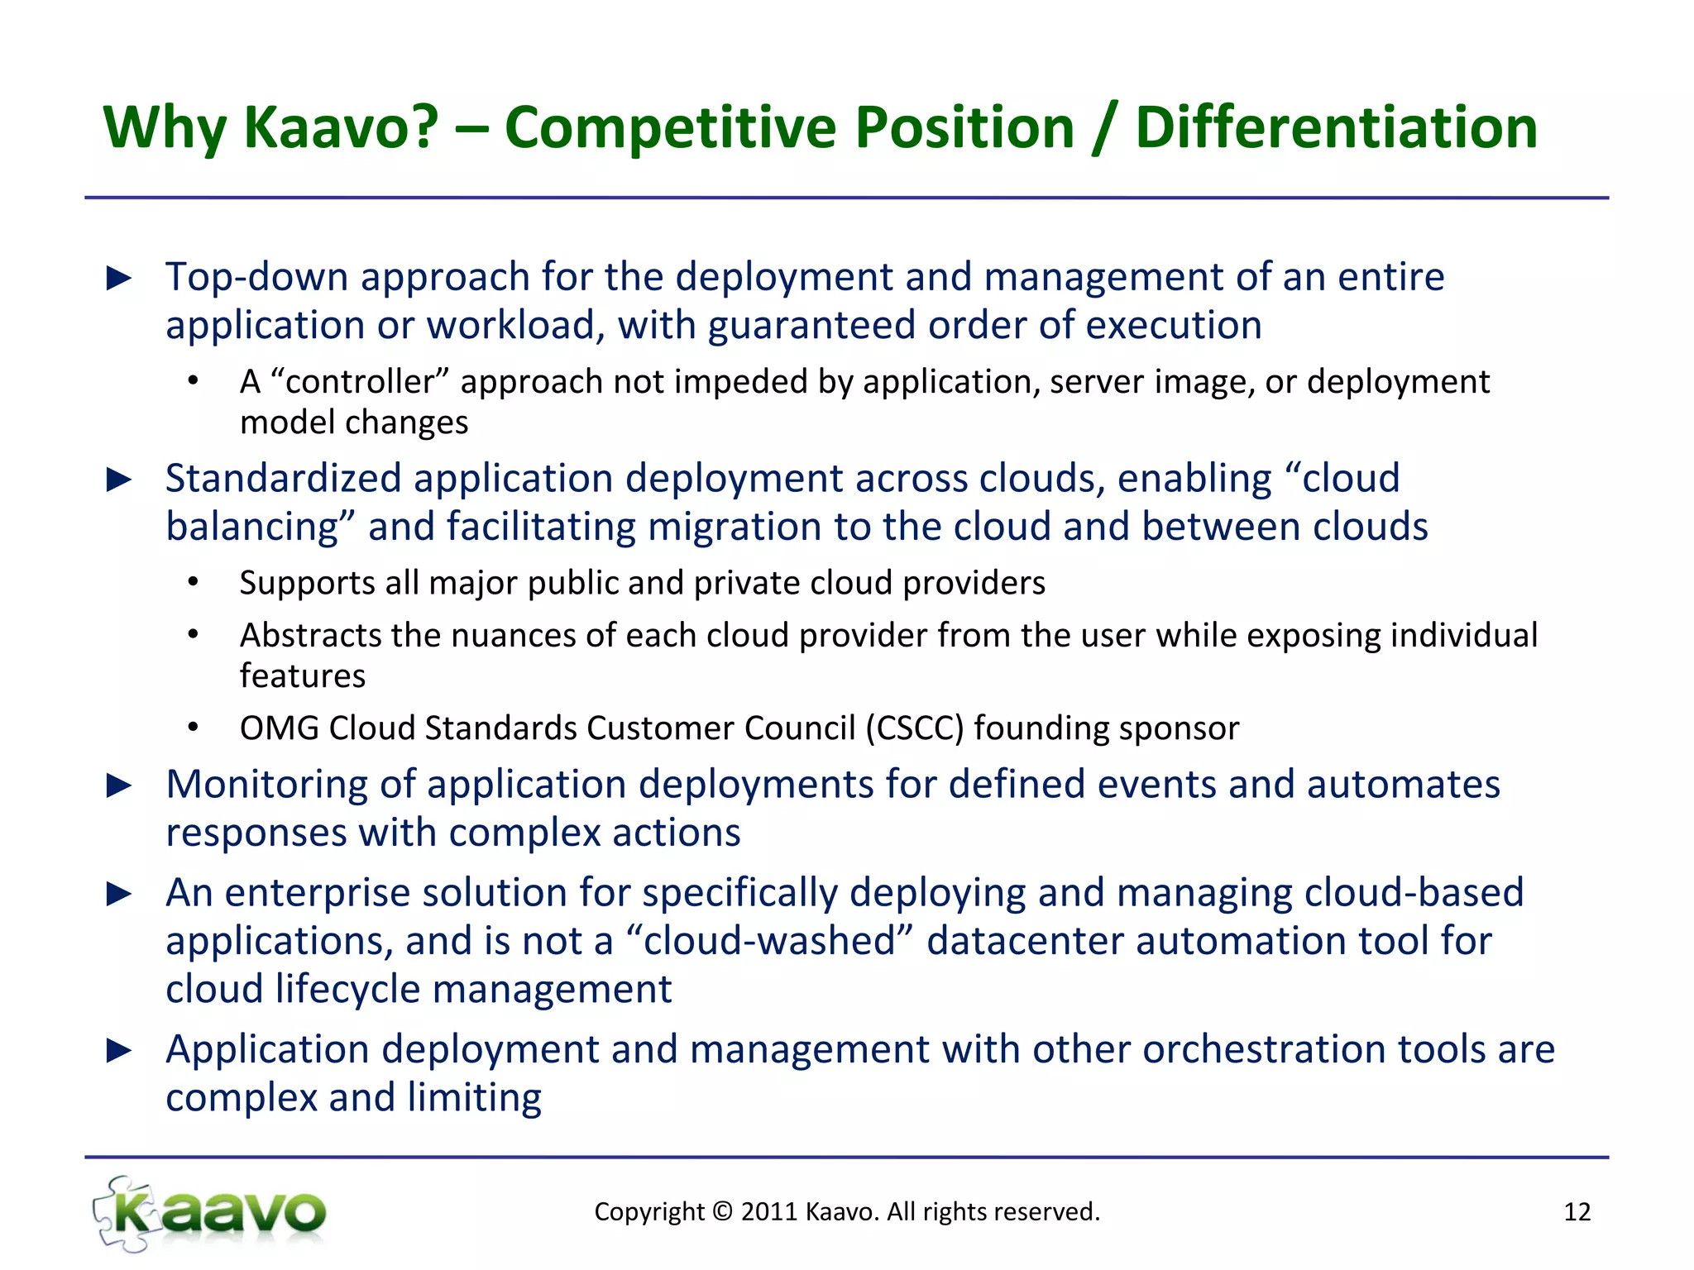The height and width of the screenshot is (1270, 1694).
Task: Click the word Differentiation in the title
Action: coord(1336,128)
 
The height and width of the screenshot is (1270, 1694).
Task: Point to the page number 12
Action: coord(1577,1212)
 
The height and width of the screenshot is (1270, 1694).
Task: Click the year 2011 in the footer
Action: coord(769,1212)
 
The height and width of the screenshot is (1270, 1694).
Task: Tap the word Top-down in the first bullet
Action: coord(256,277)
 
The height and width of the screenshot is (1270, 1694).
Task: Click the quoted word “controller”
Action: coord(360,382)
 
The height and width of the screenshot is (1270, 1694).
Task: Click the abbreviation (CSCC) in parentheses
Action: coord(915,728)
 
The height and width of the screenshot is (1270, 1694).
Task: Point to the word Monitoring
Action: coord(266,785)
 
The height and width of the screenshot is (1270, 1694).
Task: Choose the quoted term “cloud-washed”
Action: coord(770,941)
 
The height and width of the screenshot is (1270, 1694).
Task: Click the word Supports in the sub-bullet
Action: coord(307,584)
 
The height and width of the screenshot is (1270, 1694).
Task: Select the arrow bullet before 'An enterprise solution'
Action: coord(120,894)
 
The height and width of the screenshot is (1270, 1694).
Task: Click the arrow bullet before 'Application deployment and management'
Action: coord(120,1051)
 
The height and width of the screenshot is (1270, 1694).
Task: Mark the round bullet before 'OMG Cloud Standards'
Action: coord(193,728)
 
